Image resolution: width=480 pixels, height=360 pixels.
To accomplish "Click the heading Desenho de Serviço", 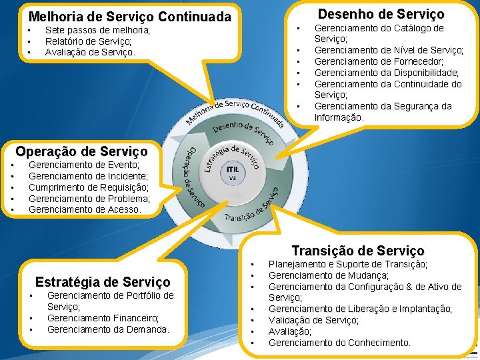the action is point(381,13).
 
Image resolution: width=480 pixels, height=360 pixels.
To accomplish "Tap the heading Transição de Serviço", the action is point(357,251).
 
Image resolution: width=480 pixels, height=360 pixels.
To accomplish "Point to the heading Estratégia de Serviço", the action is point(103,281).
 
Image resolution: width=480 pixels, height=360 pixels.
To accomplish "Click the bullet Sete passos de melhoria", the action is point(97,30).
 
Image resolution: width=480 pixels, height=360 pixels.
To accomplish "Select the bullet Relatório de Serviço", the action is point(88,41).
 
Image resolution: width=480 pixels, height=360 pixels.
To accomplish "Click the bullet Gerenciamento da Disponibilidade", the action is point(387,73).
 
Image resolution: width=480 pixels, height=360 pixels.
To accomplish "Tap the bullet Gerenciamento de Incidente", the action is point(88,176).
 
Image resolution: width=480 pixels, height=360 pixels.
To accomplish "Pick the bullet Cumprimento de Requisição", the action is point(89,187).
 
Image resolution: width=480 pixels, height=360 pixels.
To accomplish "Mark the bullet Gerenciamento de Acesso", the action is point(85,209).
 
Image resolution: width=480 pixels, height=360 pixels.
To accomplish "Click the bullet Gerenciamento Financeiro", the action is point(103,318).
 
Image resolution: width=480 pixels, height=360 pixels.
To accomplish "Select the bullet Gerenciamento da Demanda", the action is point(108,329).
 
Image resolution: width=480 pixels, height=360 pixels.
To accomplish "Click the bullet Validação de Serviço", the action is point(313,320).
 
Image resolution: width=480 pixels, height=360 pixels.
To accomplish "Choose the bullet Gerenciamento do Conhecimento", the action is point(339,343).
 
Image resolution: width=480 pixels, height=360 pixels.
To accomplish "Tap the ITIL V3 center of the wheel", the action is point(232,171).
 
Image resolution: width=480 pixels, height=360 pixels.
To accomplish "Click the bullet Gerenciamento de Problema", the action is point(89,199).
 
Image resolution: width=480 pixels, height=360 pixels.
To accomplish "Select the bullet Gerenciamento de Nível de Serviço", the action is point(389,50).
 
